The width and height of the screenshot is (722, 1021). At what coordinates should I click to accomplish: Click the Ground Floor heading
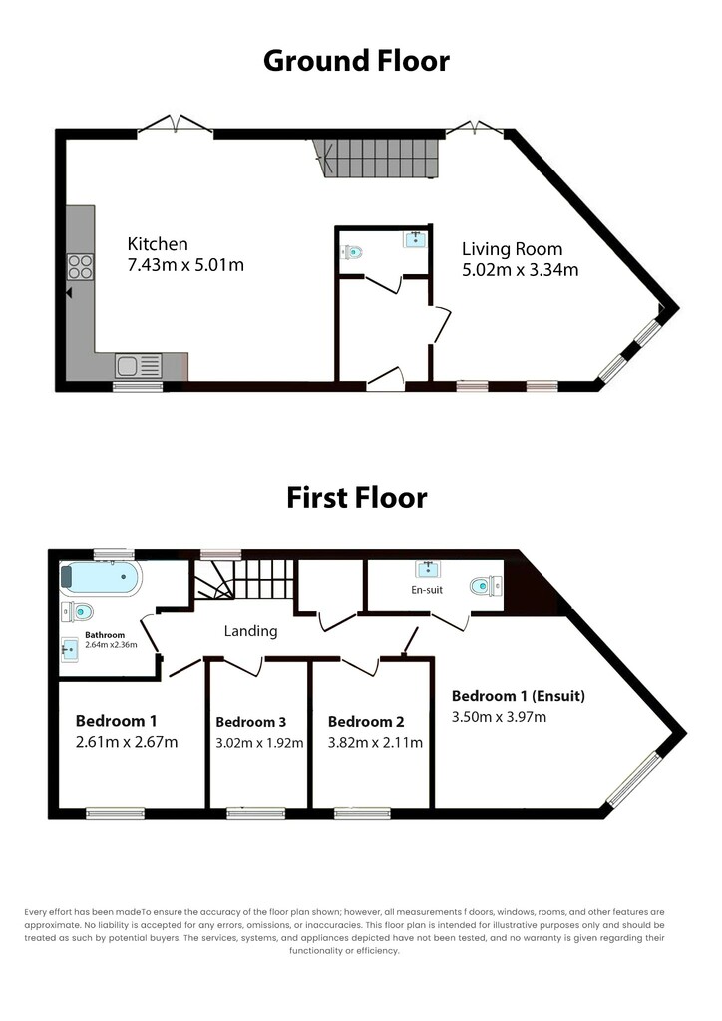(x=356, y=61)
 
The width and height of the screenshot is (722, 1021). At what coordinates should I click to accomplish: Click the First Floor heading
(x=357, y=498)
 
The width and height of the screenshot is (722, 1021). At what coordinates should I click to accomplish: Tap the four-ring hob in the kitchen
(x=80, y=267)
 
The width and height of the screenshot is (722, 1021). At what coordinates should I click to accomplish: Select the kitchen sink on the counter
(x=139, y=365)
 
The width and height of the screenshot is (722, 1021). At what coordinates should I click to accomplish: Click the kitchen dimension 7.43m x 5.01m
(x=185, y=265)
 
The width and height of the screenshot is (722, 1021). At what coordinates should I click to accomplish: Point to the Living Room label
(x=513, y=248)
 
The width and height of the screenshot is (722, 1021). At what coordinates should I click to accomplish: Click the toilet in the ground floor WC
(x=352, y=251)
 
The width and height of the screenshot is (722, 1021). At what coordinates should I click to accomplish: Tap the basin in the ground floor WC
(x=416, y=239)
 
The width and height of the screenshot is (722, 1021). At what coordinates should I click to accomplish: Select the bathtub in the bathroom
(x=100, y=577)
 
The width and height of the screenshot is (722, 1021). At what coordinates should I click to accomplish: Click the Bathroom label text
(x=105, y=635)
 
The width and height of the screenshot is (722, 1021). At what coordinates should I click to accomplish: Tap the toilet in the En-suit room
(x=486, y=586)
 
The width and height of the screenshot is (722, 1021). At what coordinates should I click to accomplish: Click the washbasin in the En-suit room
(x=427, y=569)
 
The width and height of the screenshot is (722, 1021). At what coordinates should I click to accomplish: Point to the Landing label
(x=250, y=631)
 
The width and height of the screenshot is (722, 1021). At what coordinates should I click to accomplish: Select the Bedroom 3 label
(x=250, y=722)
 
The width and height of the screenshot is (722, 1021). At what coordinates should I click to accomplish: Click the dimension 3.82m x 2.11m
(x=375, y=742)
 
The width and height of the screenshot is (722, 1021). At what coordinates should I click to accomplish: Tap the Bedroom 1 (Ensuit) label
(x=519, y=696)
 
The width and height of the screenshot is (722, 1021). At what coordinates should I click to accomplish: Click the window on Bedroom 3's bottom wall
(x=256, y=812)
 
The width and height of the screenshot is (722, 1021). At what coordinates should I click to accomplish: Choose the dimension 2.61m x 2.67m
(x=127, y=742)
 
